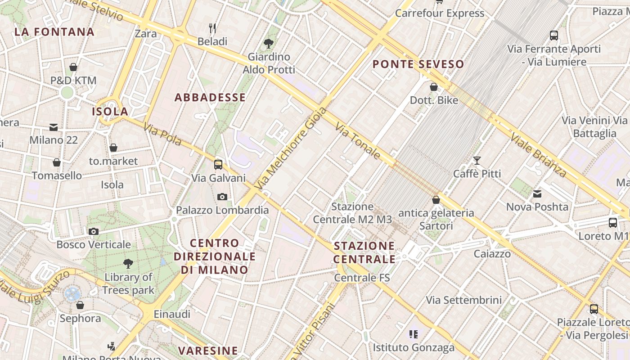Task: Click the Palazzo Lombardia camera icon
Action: coord(222,197)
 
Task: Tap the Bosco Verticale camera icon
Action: coord(94,231)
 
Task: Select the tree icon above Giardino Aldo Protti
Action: coord(269,44)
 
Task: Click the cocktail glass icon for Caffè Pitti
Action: coord(477,160)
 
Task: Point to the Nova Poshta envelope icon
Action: coord(537,194)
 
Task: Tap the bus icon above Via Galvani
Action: coord(218,164)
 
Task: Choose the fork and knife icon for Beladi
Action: coord(212,29)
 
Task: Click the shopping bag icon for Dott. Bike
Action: coord(434,87)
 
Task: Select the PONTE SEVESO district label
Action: coord(418,64)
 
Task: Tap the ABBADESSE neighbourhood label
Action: coord(210,97)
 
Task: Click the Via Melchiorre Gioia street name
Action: coord(290,148)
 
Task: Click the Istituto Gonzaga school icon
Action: coord(414,334)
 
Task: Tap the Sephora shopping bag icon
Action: coord(80,305)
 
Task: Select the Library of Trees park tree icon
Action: coord(128,264)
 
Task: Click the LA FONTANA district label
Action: coord(54,32)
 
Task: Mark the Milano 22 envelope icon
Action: coord(54,127)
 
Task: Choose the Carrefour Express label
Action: coord(440,13)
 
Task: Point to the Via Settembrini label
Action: coord(463,300)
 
